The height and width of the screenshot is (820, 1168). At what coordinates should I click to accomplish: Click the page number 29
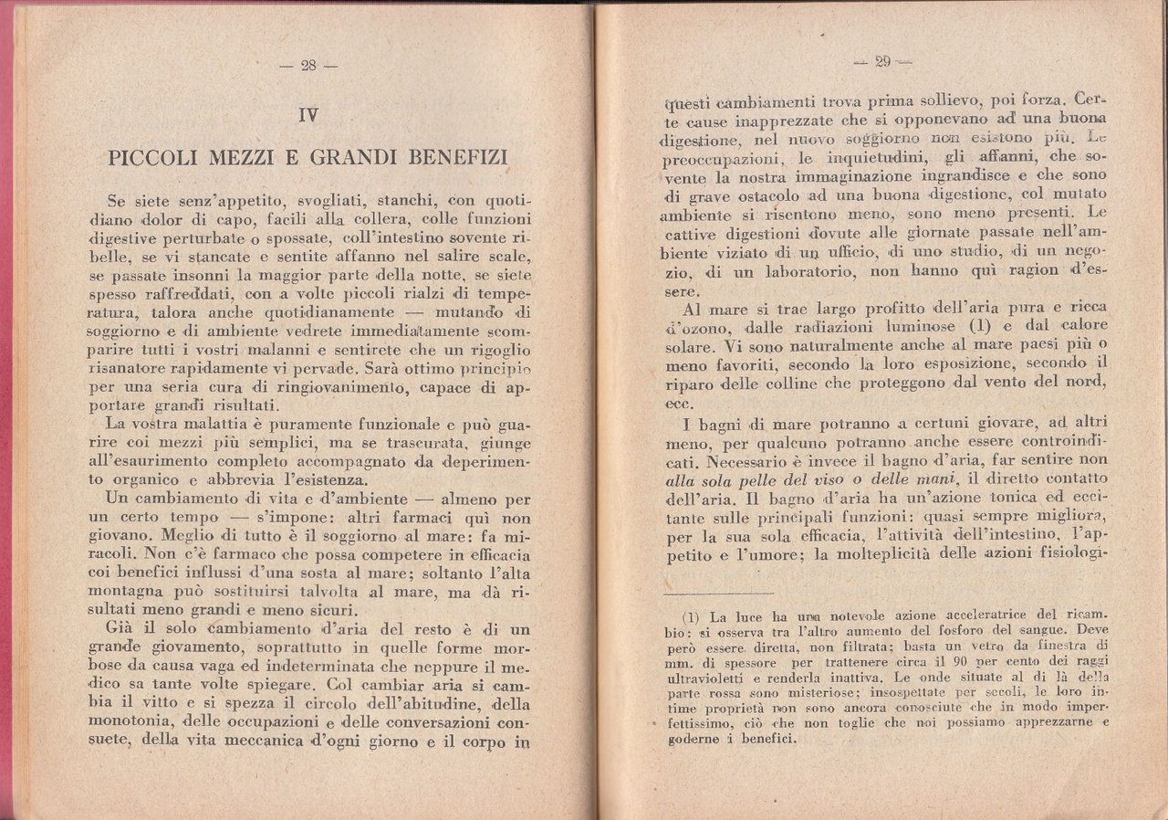[x=881, y=62]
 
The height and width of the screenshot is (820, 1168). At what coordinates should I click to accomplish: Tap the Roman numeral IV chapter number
[x=308, y=115]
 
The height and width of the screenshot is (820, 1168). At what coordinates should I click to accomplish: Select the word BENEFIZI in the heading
[x=455, y=156]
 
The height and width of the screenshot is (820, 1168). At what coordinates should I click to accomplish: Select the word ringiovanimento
[x=328, y=387]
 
